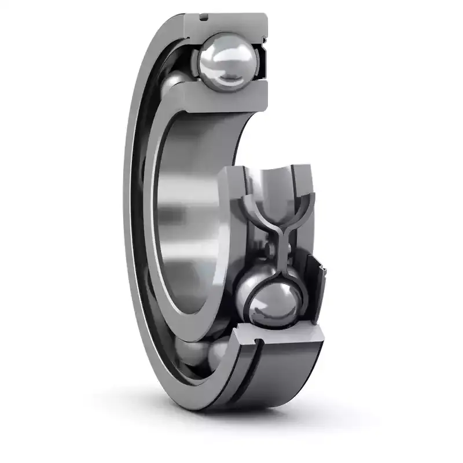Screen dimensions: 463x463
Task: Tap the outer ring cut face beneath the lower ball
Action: [x=278, y=338]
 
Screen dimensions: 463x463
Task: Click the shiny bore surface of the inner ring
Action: [x=185, y=220]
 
